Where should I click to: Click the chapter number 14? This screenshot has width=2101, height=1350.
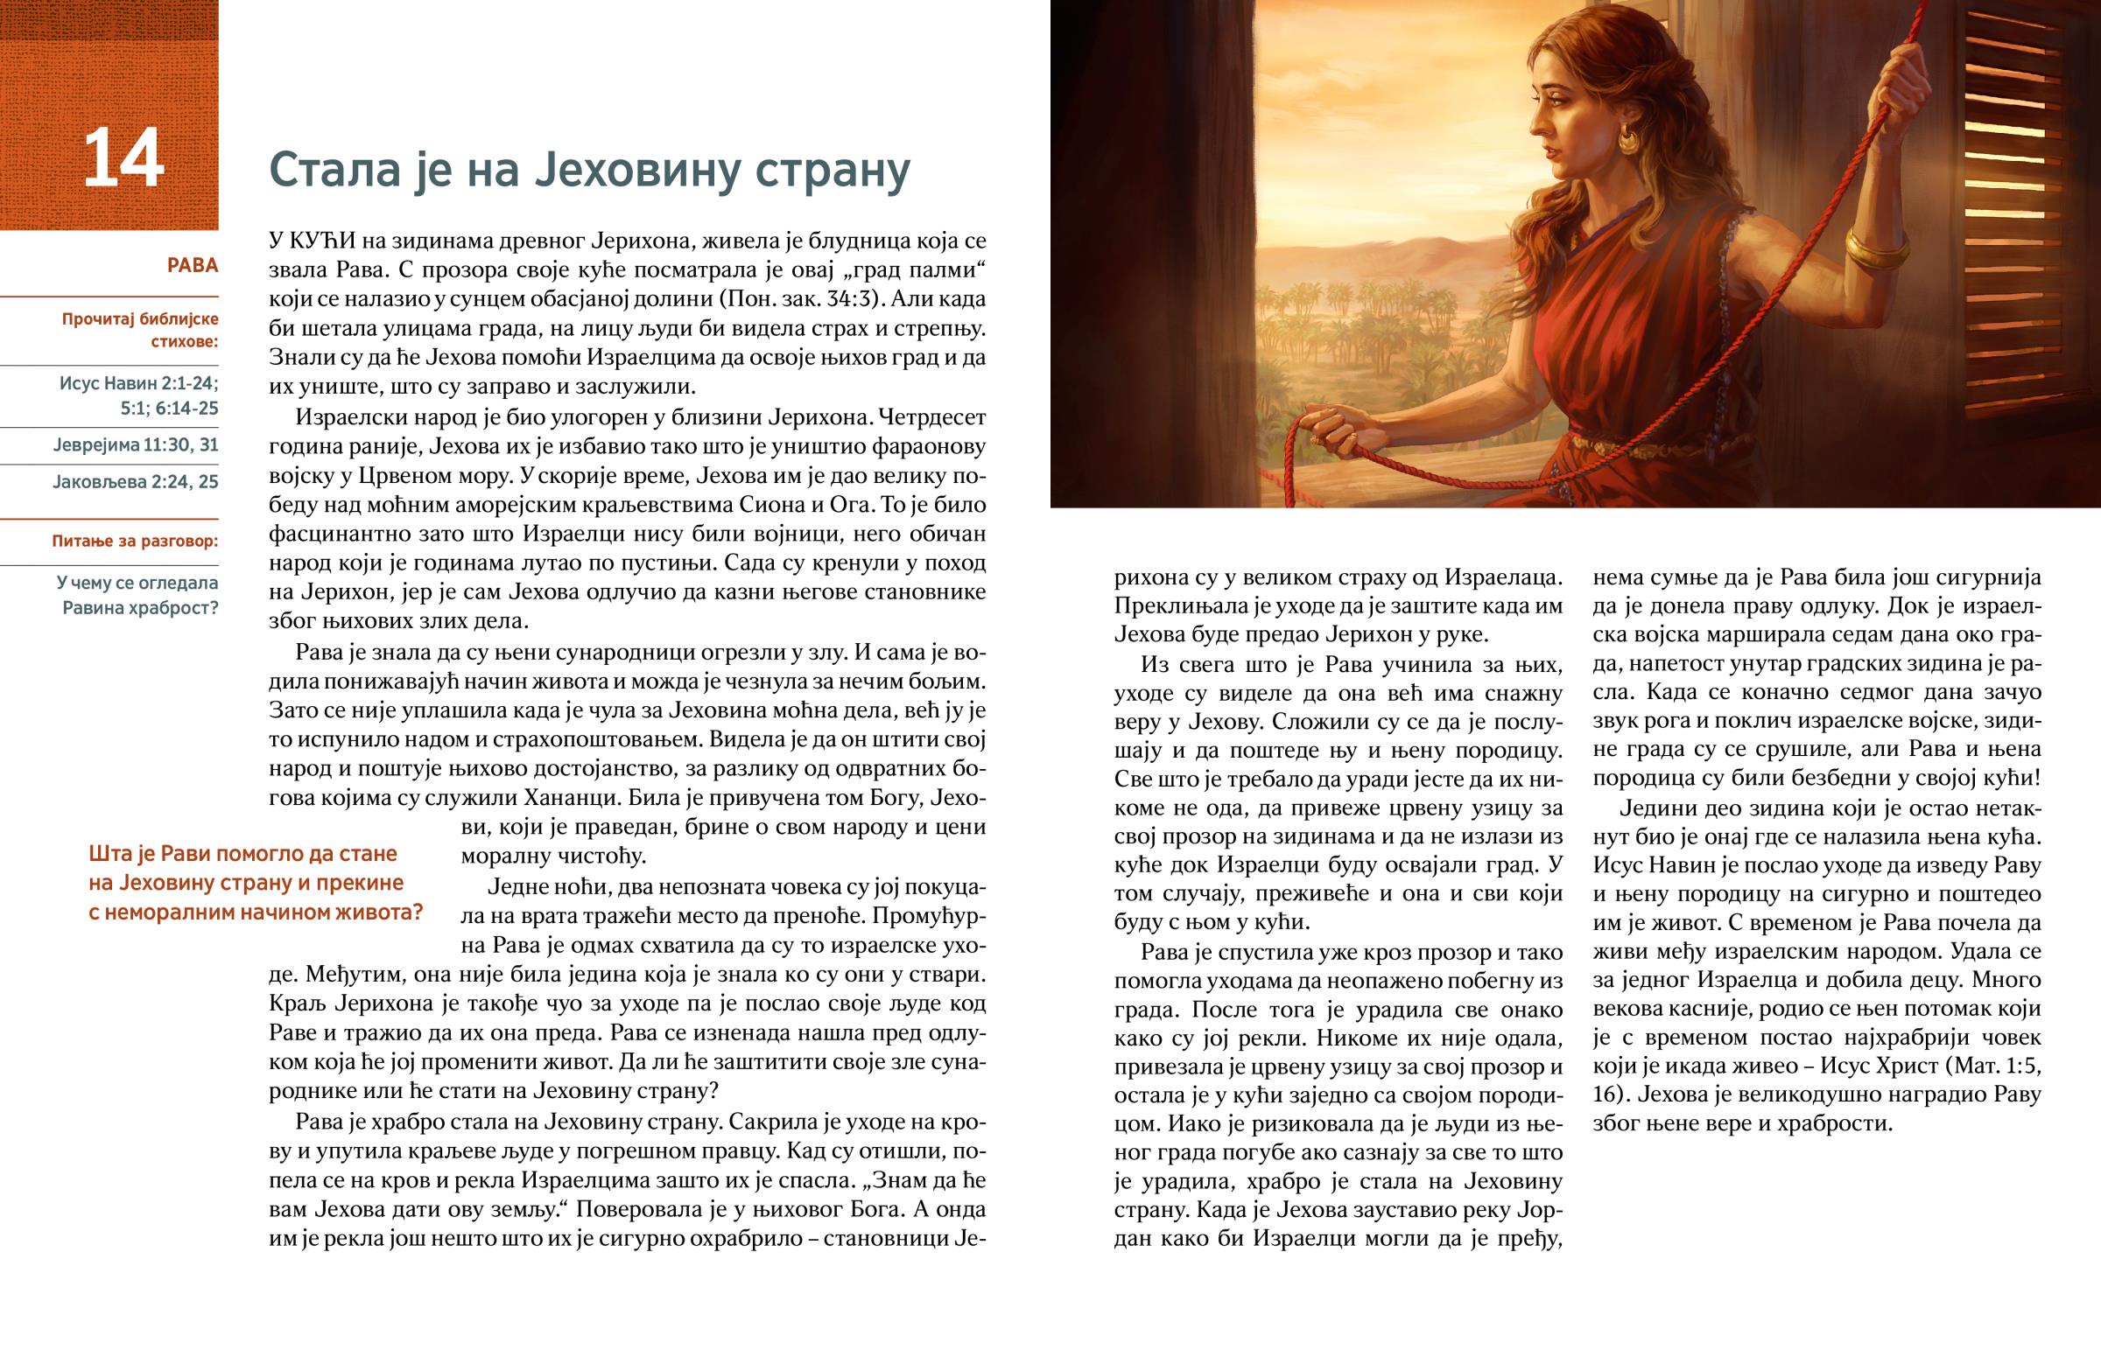(x=123, y=158)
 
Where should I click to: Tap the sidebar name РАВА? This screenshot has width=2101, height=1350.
(x=192, y=266)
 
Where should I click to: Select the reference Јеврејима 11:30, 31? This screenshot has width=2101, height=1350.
(x=136, y=445)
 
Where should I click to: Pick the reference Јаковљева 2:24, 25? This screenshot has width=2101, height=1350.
(x=136, y=482)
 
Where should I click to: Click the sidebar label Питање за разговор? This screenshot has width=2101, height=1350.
(x=135, y=542)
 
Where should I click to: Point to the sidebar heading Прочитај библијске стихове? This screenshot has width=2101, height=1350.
(x=140, y=330)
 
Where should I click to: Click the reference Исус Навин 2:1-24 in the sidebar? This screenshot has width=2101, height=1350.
(x=138, y=383)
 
